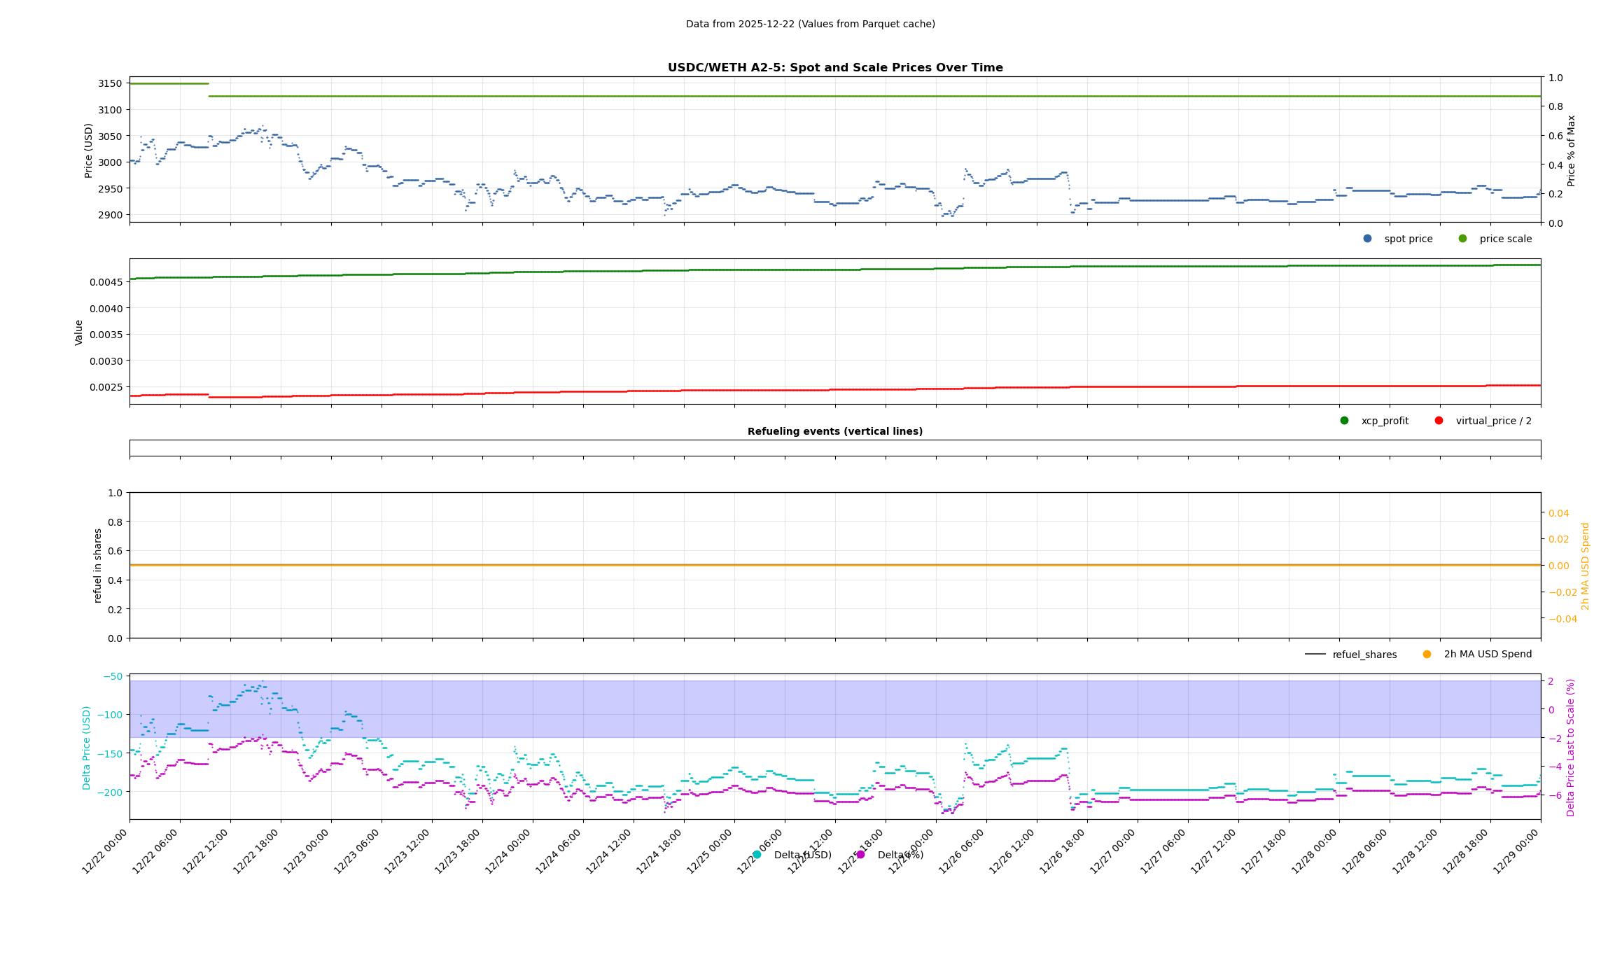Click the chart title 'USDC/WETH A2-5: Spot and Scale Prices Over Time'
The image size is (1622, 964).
tap(834, 68)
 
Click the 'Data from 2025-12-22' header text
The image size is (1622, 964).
tap(810, 24)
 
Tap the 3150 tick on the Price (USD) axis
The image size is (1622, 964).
tap(110, 83)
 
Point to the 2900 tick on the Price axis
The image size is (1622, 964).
tap(110, 215)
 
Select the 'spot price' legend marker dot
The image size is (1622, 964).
tap(1367, 239)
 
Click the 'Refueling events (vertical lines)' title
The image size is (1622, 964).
tap(834, 431)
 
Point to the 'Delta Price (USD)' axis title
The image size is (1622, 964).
tap(87, 748)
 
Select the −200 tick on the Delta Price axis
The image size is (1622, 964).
tap(112, 792)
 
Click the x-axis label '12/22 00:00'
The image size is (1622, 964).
tap(106, 852)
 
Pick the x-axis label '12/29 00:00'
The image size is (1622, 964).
tap(1517, 852)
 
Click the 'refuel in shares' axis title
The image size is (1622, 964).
tap(98, 565)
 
